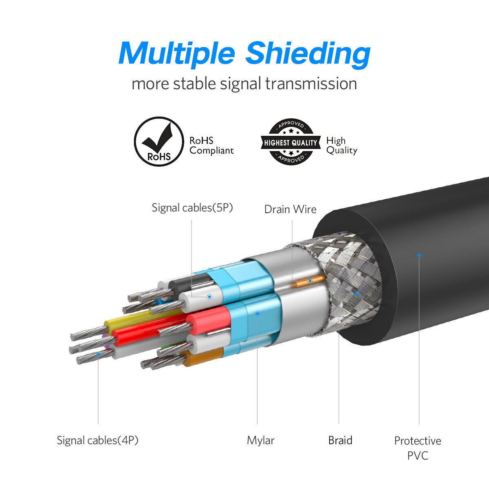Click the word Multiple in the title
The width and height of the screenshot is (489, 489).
point(177,54)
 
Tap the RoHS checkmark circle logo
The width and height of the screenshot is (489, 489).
point(159,141)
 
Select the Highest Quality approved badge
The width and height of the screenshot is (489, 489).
point(290,142)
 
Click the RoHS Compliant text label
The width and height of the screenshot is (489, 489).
point(211,145)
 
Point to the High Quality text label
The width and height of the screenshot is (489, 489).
point(341,145)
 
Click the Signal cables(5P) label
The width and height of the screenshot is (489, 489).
point(192,207)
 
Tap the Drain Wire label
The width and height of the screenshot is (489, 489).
point(290,209)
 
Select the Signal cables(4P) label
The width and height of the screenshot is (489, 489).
point(98,440)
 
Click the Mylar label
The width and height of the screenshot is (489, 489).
point(260,440)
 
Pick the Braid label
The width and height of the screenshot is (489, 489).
point(340,440)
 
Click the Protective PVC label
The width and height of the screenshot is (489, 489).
point(418,447)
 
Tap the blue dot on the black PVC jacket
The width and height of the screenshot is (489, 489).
point(419,256)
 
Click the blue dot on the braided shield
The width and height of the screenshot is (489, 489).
point(356,293)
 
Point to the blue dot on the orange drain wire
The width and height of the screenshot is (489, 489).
point(310,281)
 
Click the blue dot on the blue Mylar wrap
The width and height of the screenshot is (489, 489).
point(257,313)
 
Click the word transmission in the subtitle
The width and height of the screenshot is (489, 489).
point(311,84)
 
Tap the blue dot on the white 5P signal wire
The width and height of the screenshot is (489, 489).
point(209,297)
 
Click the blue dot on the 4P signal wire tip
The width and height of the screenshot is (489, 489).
point(98,355)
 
